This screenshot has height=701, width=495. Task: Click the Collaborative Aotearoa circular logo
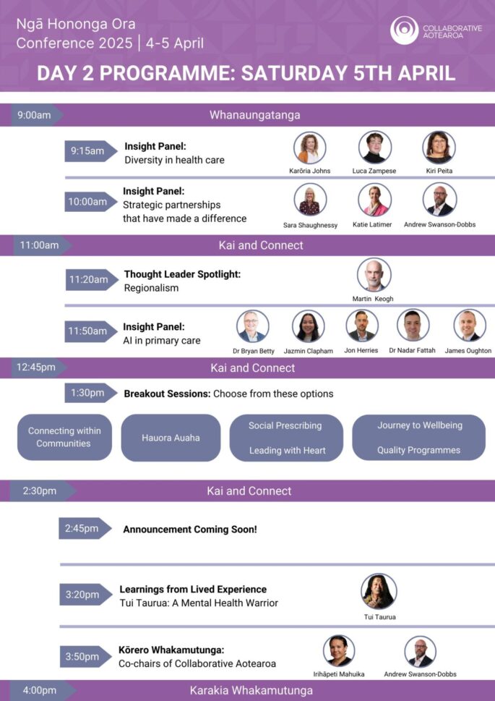coord(404,30)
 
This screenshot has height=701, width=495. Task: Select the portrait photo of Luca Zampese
coord(375,147)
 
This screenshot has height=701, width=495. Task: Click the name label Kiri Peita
coord(439,171)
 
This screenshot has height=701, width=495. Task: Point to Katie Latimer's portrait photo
coord(374,200)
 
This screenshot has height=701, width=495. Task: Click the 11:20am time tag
coord(92,280)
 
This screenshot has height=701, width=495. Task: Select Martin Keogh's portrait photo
coord(374,274)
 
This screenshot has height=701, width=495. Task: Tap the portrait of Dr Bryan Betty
coord(253,326)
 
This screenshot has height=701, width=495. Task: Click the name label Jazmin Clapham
coord(309,352)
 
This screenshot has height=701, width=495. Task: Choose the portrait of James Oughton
coord(470,326)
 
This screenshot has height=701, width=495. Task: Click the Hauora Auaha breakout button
coord(171,438)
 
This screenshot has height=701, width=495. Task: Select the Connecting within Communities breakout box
coord(64,437)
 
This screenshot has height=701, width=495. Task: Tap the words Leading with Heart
coord(288,451)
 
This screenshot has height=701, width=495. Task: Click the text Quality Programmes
coord(418,450)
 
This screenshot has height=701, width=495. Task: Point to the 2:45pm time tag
coord(85,528)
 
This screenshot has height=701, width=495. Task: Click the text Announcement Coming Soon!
coord(190,530)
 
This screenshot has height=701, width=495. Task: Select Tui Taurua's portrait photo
coord(379,592)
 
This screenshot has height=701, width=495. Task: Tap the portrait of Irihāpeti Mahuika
coord(339,650)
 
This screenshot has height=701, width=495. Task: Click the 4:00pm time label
coord(40,690)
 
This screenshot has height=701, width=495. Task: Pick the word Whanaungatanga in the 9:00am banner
coord(254,115)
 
